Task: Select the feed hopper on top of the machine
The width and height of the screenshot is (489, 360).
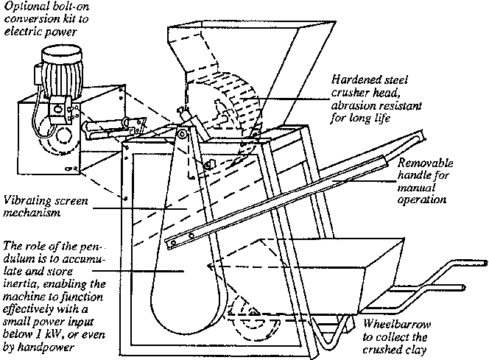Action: click(221, 52)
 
